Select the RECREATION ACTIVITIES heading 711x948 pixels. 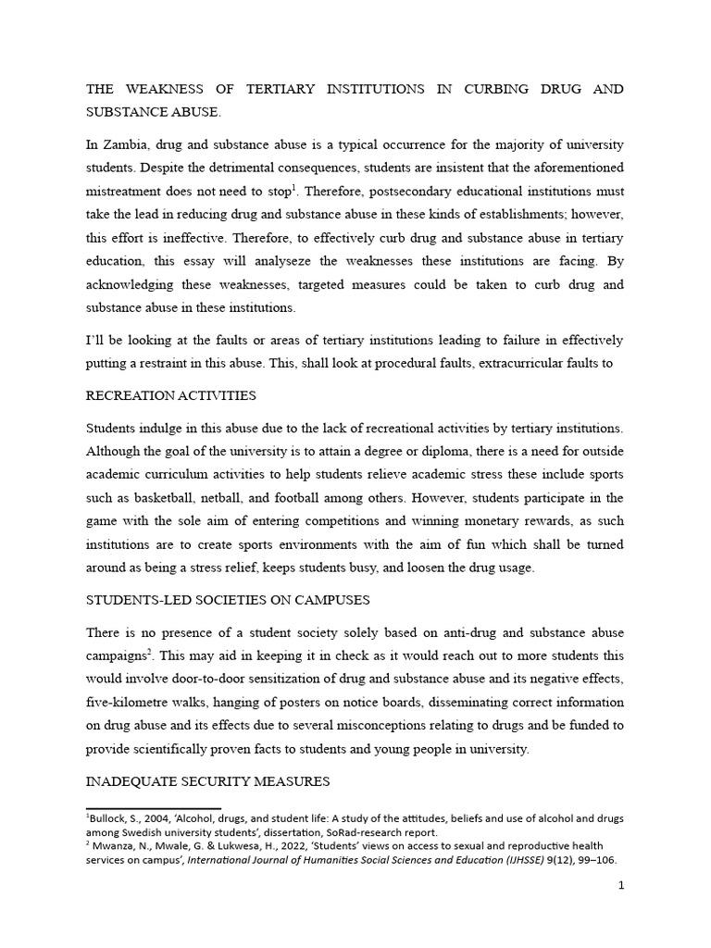[170, 395]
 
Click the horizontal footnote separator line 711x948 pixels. [153, 808]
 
